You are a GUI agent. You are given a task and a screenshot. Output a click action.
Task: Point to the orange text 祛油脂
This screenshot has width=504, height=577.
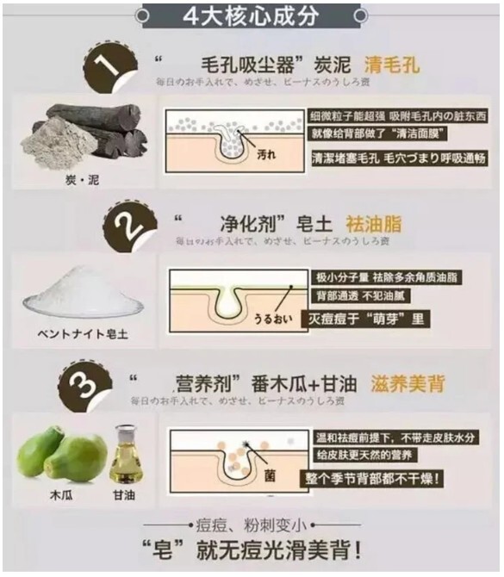(373, 226)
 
